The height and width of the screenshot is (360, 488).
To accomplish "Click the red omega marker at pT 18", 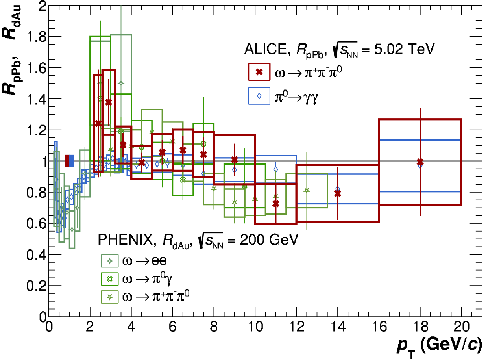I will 420,162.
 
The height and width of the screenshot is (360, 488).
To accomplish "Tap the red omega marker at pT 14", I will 337,193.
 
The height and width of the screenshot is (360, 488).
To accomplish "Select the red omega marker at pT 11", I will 275,204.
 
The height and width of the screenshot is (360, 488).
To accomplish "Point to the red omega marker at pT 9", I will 235,160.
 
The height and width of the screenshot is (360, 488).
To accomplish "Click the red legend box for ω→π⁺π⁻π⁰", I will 259,72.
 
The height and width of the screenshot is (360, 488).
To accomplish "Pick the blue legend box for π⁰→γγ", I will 259,96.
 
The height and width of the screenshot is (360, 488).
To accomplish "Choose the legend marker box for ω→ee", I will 110,260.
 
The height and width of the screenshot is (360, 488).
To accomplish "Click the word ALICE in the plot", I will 264,49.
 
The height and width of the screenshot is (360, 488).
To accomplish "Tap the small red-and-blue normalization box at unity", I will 69,161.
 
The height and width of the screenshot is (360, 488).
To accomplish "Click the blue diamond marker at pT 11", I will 276,169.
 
